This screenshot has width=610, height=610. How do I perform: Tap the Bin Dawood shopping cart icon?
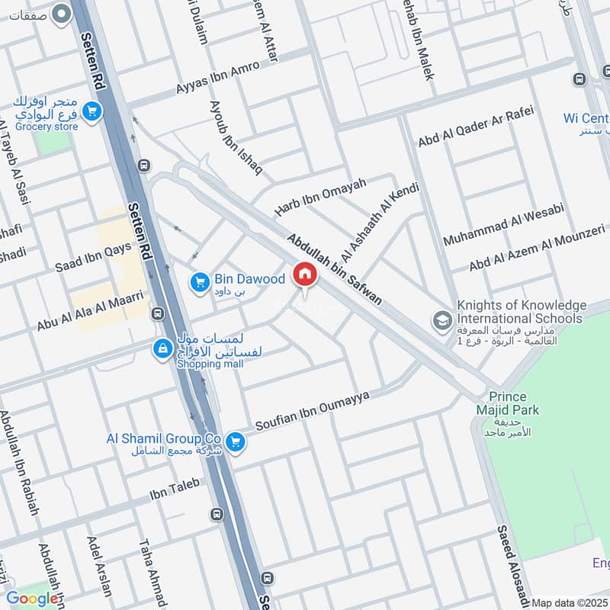pyautogui.click(x=200, y=283)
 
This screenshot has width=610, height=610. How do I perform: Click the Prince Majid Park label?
pyautogui.click(x=513, y=404)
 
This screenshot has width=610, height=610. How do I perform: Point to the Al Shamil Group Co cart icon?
pyautogui.click(x=236, y=441)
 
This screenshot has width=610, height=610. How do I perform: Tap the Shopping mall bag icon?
pyautogui.click(x=162, y=349)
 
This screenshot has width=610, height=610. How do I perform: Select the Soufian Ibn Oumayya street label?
pyautogui.click(x=312, y=411)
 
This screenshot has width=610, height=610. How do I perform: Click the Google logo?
pyautogui.click(x=32, y=599)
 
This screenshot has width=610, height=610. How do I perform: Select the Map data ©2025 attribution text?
pyautogui.click(x=570, y=603)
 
